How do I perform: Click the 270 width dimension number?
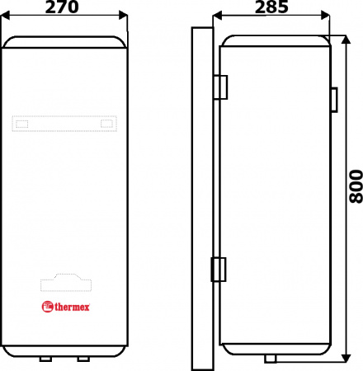tap(65, 7)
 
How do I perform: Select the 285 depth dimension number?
tap(271, 7)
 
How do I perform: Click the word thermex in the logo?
tap(73, 308)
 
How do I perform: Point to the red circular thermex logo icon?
tap(47, 308)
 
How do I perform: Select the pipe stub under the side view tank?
tap(271, 359)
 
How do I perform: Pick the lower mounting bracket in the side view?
tap(220, 268)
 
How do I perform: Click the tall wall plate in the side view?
tap(202, 198)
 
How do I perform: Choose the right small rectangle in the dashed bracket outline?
tap(106, 124)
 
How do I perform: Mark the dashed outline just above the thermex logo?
tap(65, 284)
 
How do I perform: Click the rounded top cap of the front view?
tap(65, 40)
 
